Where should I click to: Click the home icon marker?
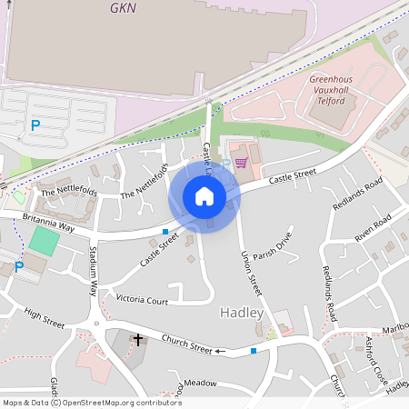click(x=204, y=196)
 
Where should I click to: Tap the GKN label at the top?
click(x=123, y=8)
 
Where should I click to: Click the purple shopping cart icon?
click(x=241, y=164)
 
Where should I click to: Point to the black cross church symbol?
click(x=138, y=341)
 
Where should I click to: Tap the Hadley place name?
click(x=242, y=313)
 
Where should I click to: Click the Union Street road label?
click(x=251, y=273)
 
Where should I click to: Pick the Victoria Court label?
click(x=143, y=300)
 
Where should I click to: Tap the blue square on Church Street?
click(x=254, y=350)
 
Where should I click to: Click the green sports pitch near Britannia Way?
click(x=43, y=242)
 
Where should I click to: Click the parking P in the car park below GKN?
click(x=35, y=126)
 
